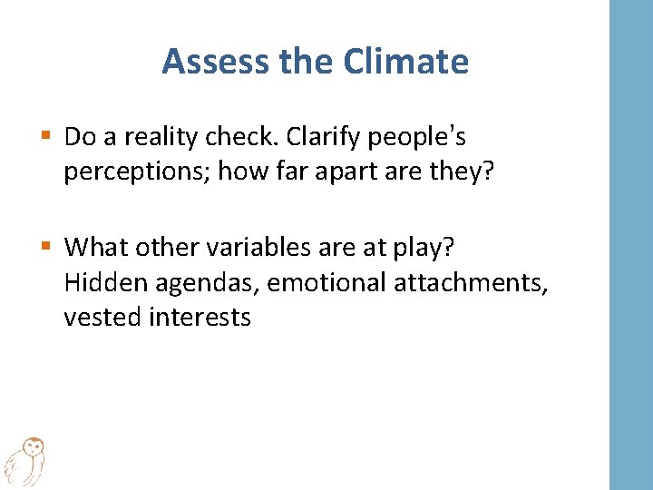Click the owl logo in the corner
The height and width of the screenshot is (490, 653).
[24, 460]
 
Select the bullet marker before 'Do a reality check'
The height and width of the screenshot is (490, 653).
[46, 137]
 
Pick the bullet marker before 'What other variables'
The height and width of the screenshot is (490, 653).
[46, 246]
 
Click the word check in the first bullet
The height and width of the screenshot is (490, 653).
[239, 137]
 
